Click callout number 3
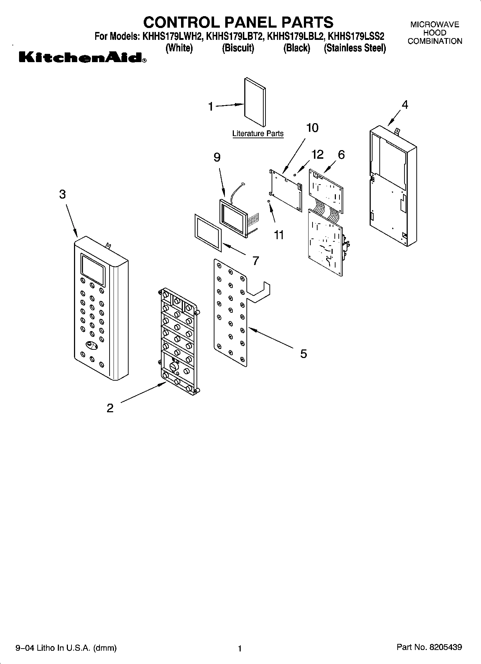tap(63, 194)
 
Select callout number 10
tap(312, 128)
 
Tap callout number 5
tap(304, 354)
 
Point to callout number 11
tap(279, 235)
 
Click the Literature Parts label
tap(258, 134)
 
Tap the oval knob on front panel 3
tap(92, 345)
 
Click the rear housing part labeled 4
tap(393, 187)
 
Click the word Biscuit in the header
tap(238, 48)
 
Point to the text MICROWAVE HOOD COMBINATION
tap(435, 33)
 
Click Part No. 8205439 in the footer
tap(429, 647)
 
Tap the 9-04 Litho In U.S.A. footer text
tap(66, 648)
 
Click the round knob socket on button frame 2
tap(174, 367)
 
